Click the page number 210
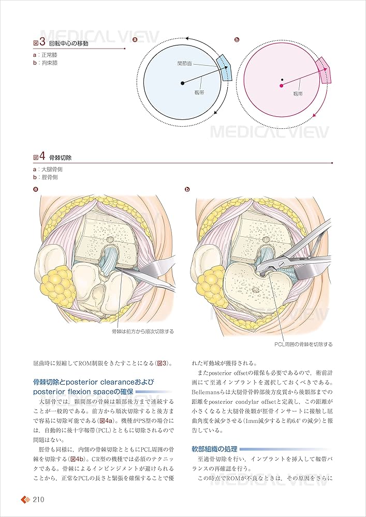[x=40, y=499]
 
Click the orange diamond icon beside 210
[x=25, y=500]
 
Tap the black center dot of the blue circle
[x=182, y=83]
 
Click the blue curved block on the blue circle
[x=225, y=68]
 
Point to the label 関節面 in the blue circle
[x=185, y=64]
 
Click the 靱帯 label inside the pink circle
[x=298, y=94]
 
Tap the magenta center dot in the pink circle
[x=281, y=86]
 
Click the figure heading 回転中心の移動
[x=72, y=43]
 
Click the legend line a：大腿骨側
[x=50, y=169]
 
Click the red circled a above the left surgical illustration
[x=35, y=190]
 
